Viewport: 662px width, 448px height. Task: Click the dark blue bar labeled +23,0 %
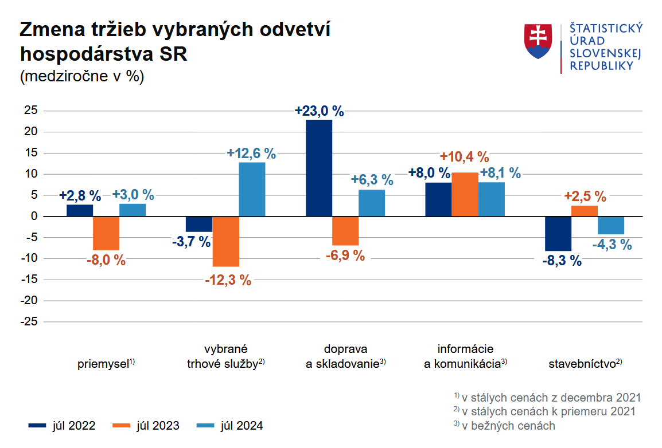pyautogui.click(x=319, y=168)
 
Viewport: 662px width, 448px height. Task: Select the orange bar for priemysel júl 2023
pyautogui.click(x=106, y=233)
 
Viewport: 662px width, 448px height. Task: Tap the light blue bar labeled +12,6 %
pyautogui.click(x=252, y=189)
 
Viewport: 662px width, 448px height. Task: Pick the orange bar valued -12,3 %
pyautogui.click(x=225, y=241)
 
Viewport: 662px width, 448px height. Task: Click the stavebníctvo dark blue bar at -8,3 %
pyautogui.click(x=558, y=234)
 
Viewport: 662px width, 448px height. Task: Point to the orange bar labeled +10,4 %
pyautogui.click(x=465, y=194)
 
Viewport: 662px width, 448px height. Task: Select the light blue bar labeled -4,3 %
pyautogui.click(x=611, y=225)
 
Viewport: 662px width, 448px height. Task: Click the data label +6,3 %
pyautogui.click(x=372, y=180)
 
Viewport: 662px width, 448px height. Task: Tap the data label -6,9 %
pyautogui.click(x=345, y=256)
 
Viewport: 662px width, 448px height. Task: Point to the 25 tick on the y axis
pyautogui.click(x=31, y=111)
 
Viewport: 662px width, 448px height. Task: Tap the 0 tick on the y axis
pyautogui.click(x=34, y=217)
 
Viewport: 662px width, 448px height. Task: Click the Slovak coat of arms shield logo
pyautogui.click(x=538, y=41)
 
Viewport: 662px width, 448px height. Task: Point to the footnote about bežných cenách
pyautogui.click(x=504, y=426)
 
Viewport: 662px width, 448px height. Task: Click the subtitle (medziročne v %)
pyautogui.click(x=82, y=77)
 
